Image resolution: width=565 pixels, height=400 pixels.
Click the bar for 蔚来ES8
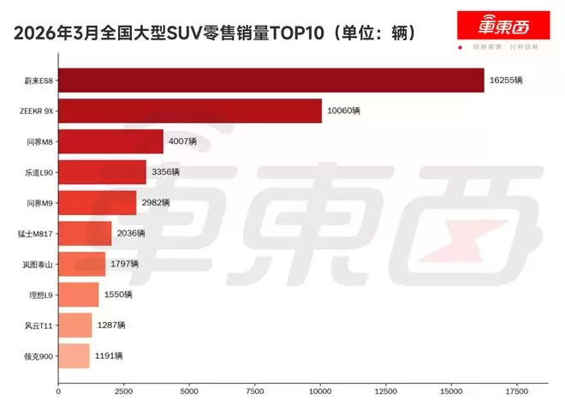click(271, 81)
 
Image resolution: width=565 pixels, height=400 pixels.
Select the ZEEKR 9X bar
click(190, 111)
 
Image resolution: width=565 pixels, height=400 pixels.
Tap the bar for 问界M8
click(110, 142)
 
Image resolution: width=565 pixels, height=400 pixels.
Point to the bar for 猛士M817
click(85, 233)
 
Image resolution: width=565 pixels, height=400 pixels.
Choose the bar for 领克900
click(74, 355)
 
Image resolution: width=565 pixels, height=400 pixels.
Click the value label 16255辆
click(506, 81)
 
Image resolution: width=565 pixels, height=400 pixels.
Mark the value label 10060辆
click(343, 111)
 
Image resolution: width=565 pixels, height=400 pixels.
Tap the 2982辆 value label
click(155, 203)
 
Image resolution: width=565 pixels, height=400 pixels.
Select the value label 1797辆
click(124, 264)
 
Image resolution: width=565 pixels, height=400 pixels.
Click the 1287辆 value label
click(110, 325)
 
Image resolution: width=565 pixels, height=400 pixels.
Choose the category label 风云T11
click(39, 325)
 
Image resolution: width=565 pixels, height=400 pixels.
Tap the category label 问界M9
click(39, 203)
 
